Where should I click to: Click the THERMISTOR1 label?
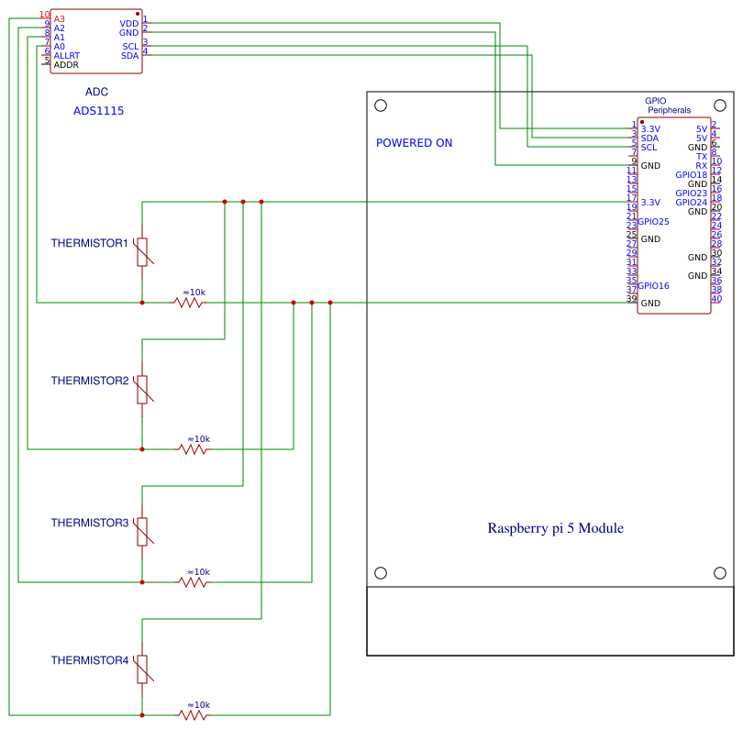pyautogui.click(x=89, y=243)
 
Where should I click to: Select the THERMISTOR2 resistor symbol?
pyautogui.click(x=142, y=389)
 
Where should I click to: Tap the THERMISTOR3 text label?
pyautogui.click(x=89, y=523)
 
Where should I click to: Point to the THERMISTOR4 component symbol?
pyautogui.click(x=142, y=668)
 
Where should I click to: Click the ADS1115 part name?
pyautogui.click(x=98, y=111)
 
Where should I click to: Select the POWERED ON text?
pyautogui.click(x=414, y=143)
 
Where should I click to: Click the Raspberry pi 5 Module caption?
pyautogui.click(x=555, y=528)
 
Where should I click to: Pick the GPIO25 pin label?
pyautogui.click(x=654, y=221)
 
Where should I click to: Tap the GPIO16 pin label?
pyautogui.click(x=654, y=286)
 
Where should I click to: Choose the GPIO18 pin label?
pyautogui.click(x=691, y=175)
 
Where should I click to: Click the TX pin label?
pyautogui.click(x=701, y=157)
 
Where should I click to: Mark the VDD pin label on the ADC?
pyautogui.click(x=129, y=23)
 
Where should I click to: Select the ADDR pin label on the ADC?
pyautogui.click(x=66, y=65)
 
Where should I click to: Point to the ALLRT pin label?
pyautogui.click(x=67, y=56)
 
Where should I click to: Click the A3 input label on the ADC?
pyautogui.click(x=59, y=18)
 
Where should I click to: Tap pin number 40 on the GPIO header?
pyautogui.click(x=716, y=299)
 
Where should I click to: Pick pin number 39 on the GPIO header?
pyautogui.click(x=631, y=299)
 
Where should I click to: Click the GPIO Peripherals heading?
pyautogui.click(x=668, y=105)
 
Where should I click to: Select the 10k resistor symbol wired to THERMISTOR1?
pyautogui.click(x=188, y=302)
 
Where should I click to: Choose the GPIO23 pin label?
pyautogui.click(x=691, y=193)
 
